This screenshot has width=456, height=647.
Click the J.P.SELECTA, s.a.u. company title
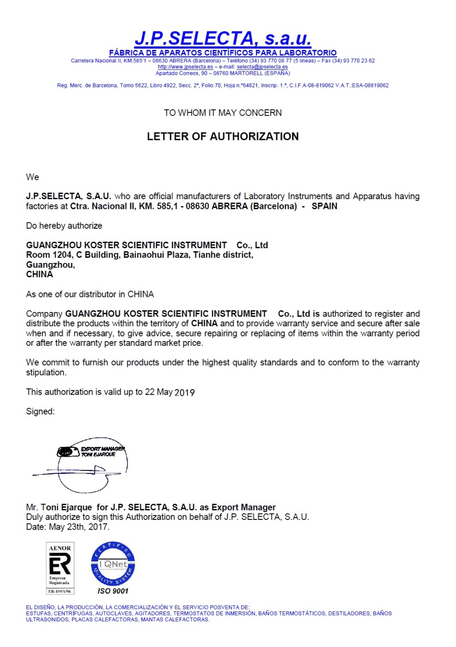point(223,38)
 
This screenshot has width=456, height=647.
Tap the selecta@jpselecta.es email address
point(262,67)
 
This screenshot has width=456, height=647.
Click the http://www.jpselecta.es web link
point(185,67)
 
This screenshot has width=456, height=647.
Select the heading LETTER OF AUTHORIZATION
point(223,136)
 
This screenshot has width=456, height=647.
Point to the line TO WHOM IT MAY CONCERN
point(223,113)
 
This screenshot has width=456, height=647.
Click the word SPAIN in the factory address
point(324,206)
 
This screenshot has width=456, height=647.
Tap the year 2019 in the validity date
point(184,392)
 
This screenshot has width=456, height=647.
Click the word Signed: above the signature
point(40,411)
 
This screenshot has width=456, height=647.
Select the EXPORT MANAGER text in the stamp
point(103,449)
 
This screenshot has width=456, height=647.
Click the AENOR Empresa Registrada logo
point(60,568)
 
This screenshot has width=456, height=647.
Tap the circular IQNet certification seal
point(113,564)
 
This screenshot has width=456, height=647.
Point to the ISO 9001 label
point(113,591)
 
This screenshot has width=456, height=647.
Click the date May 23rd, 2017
point(79,527)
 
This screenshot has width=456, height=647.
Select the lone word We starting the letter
point(32,177)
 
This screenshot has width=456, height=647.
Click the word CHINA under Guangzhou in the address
point(39,274)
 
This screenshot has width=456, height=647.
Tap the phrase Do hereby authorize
point(64,226)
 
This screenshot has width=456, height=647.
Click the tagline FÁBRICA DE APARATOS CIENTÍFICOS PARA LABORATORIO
point(223,53)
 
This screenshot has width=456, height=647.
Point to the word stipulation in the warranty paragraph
point(46,372)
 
